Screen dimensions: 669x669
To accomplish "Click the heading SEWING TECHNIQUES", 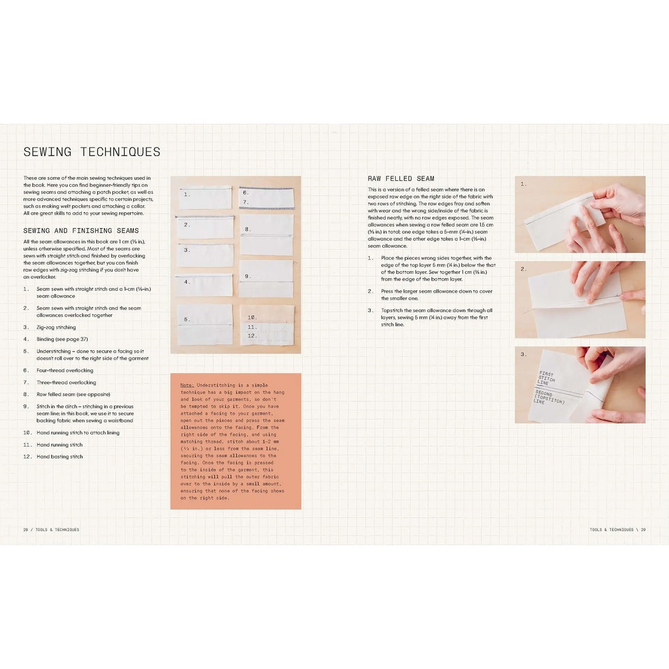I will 91,152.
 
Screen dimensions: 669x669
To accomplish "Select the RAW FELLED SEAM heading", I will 400,178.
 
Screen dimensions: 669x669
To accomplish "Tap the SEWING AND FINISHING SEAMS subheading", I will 81,231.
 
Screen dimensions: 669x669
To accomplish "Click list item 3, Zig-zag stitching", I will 56,327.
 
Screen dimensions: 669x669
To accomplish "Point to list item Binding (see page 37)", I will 62,339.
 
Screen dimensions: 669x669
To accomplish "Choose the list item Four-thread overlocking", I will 65,370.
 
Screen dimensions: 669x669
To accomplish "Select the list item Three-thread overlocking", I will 66,382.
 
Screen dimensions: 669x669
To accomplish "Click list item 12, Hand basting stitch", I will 59,457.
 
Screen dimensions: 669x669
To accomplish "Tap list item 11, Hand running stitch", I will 59,445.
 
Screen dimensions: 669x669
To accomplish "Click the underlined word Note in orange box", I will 187,385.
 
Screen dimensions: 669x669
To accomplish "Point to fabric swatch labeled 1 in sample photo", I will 205,197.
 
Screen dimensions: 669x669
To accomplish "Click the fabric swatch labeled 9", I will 266,279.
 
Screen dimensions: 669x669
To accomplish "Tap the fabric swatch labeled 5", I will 204,324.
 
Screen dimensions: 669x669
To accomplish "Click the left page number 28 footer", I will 51,530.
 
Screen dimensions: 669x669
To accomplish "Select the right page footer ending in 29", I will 617,530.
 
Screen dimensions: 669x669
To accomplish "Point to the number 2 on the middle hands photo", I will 523,269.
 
